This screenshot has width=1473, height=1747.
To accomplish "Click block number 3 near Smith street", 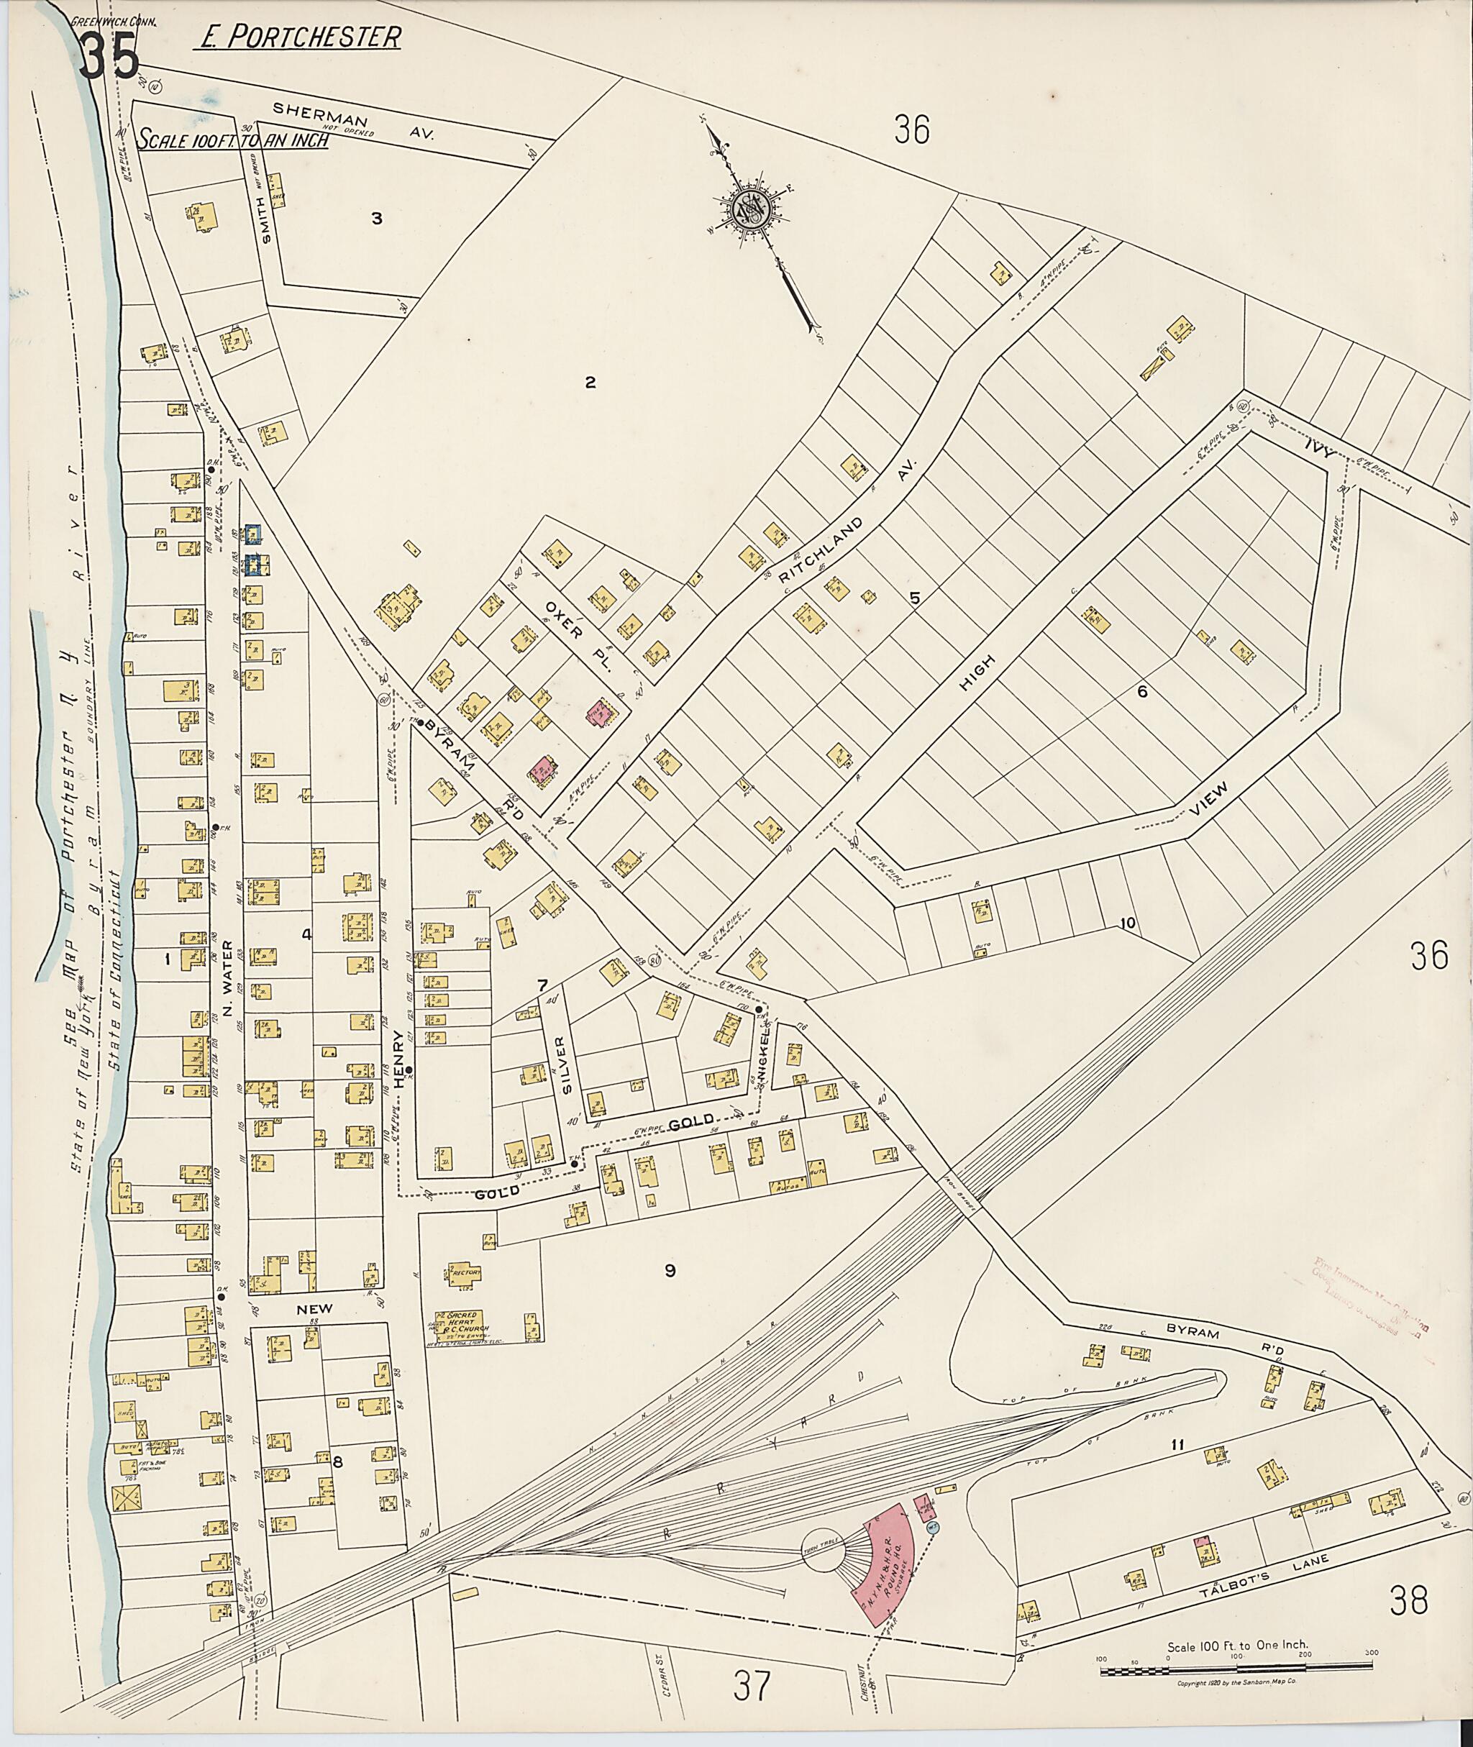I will click(377, 219).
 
